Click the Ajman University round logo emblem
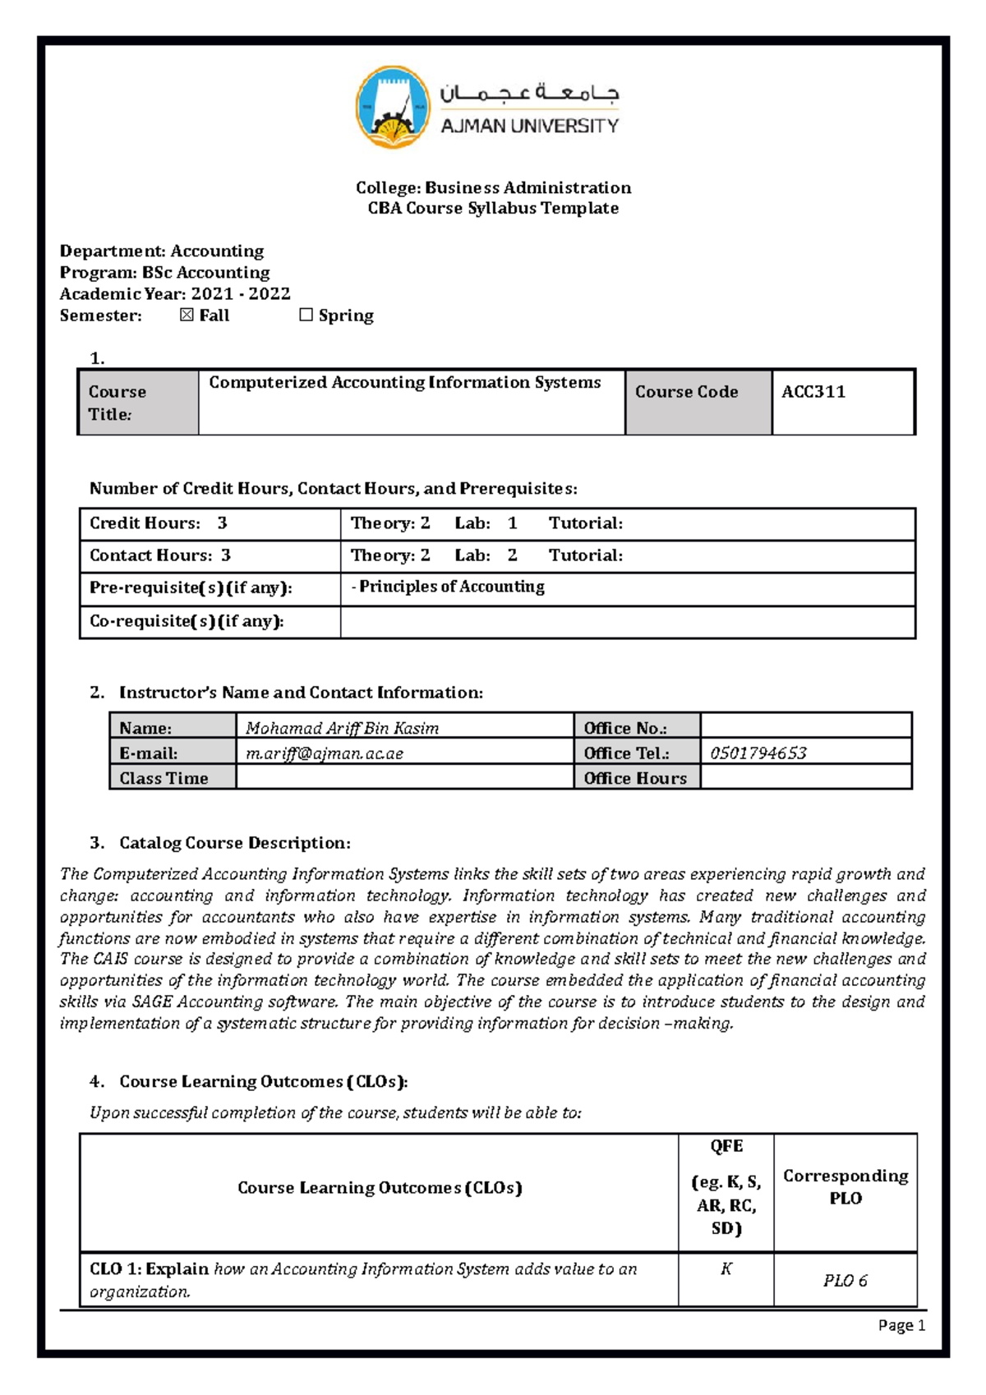coord(393,108)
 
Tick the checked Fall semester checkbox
coord(187,315)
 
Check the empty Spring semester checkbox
coord(306,315)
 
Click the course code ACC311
coord(813,392)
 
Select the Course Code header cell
coord(686,392)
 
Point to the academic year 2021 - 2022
coord(241,293)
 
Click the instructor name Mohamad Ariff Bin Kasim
coord(342,728)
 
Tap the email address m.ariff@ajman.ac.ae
coord(325,753)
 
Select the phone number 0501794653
coord(758,753)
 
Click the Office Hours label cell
coord(635,778)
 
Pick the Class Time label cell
coord(164,778)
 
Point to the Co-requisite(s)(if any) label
coord(187,621)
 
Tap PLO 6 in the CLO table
coord(845,1280)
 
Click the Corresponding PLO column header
coord(845,1186)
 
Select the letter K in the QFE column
coord(726,1268)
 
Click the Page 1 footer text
coord(901,1325)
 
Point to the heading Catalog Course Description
coord(234,843)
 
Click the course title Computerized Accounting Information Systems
coord(404,382)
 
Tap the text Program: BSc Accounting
coord(164,272)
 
